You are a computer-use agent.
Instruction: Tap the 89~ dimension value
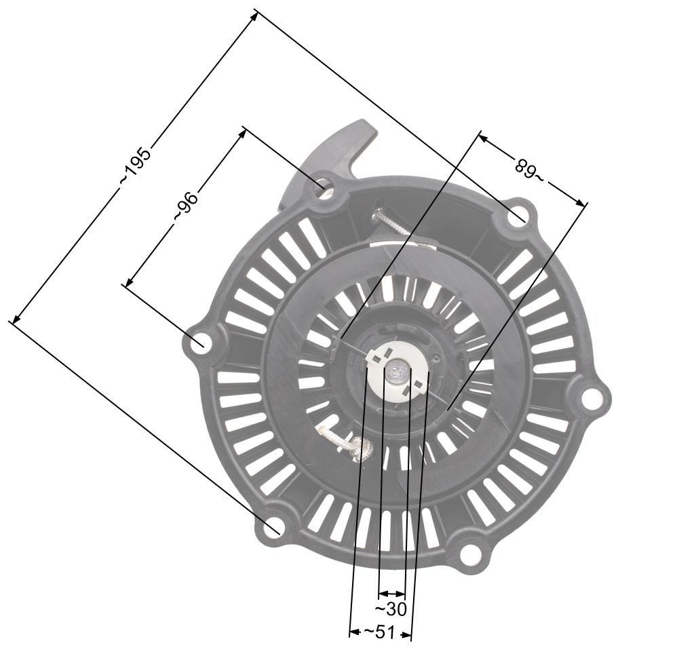(529, 169)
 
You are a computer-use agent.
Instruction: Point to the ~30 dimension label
(391, 609)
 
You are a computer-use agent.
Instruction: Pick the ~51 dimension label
(379, 632)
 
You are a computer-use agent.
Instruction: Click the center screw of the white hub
(396, 371)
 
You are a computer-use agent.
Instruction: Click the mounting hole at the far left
(198, 343)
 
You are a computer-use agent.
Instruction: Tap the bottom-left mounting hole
(275, 526)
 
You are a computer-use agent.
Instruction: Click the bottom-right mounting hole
(470, 554)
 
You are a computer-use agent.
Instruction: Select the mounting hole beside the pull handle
(324, 185)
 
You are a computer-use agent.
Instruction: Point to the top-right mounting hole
(518, 217)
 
